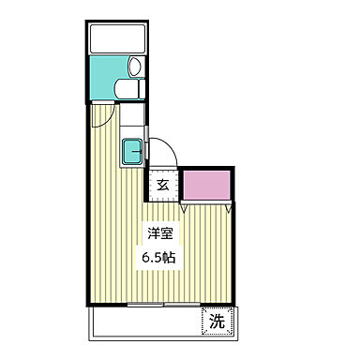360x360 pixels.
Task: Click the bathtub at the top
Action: point(117,39)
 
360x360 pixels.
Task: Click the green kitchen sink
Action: point(133,149)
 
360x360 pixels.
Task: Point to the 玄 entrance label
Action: point(163,185)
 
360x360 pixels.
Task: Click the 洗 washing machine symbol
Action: point(217,322)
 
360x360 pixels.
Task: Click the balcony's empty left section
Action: point(141,322)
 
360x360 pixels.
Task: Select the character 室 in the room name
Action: point(166,234)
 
